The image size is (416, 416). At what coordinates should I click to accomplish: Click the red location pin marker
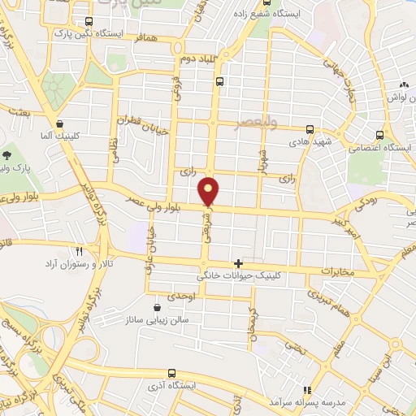[210, 191]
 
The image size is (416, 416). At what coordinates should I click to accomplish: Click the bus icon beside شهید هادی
[309, 128]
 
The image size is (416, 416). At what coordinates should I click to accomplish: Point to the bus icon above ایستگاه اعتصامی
[379, 135]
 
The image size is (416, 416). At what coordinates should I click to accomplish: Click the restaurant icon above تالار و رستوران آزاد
[79, 251]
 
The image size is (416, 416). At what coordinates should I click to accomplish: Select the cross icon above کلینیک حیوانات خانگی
[237, 263]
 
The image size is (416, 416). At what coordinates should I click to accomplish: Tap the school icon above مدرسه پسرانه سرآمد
[307, 390]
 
